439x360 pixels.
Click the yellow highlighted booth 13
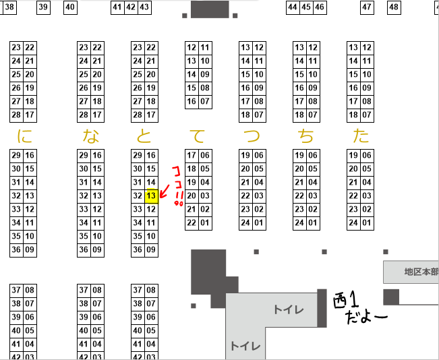[x=152, y=196]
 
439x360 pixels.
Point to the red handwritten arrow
[x=164, y=193]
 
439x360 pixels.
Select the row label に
[x=25, y=136]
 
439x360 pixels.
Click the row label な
[x=91, y=136]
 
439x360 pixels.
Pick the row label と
[x=144, y=136]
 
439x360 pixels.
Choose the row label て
[x=198, y=136]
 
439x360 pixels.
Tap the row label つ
[x=252, y=136]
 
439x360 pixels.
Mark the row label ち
[x=307, y=136]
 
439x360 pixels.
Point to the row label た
[x=361, y=136]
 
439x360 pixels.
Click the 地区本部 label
[x=421, y=272]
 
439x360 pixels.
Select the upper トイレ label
[x=288, y=309]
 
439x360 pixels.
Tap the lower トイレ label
[x=245, y=346]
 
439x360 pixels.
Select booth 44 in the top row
[x=293, y=7]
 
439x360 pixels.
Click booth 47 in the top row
[x=367, y=7]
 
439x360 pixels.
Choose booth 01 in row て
[x=205, y=223]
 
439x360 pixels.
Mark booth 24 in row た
[x=354, y=223]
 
